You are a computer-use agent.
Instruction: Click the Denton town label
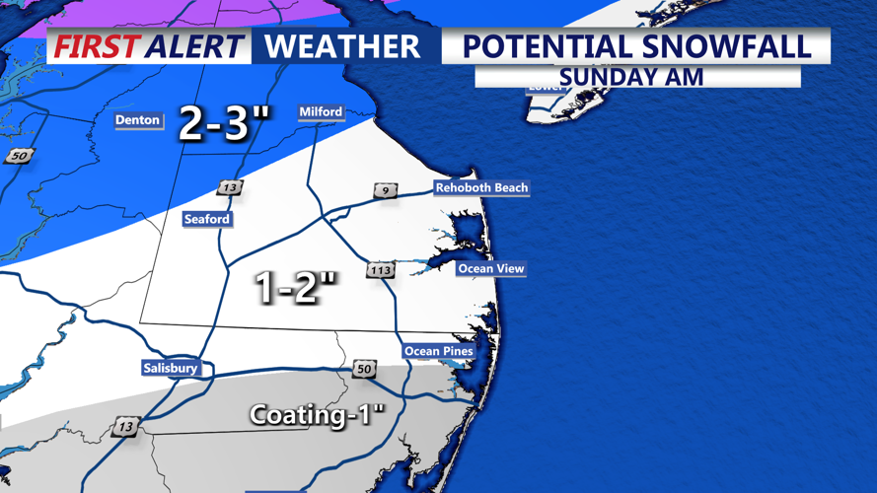pos(137,120)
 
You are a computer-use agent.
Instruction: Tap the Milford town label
pos(321,112)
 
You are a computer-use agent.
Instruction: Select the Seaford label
pos(207,219)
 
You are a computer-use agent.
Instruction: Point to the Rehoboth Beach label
pos(481,187)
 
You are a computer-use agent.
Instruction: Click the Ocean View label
pos(490,268)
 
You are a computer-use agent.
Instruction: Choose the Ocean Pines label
pos(438,351)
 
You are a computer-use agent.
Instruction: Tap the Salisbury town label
pos(170,368)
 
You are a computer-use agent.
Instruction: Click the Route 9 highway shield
pos(385,190)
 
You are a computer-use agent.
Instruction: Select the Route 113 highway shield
pos(381,270)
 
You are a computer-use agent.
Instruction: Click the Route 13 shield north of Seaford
pos(230,187)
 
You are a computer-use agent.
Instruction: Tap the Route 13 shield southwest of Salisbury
pos(125,426)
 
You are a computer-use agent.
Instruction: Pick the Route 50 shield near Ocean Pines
pos(364,369)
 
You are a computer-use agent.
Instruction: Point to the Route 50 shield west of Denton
pos(19,156)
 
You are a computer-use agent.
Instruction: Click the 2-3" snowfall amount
pos(223,124)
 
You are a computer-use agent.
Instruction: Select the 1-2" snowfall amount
pos(296,288)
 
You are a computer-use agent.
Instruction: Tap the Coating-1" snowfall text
pos(316,414)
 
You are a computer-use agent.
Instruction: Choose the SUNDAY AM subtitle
pos(631,77)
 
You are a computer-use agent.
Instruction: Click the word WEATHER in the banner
pos(342,46)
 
